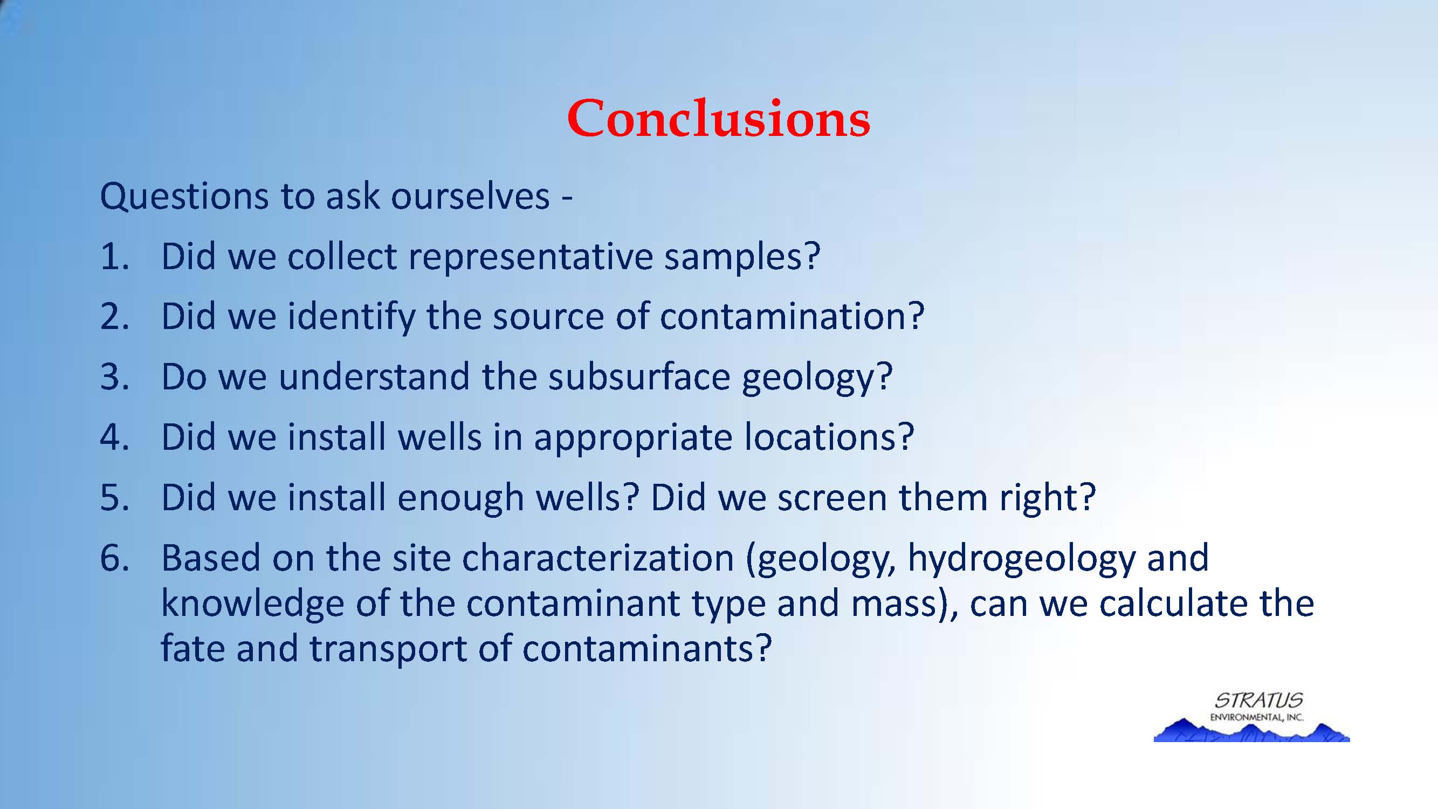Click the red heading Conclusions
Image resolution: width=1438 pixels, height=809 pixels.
tap(718, 118)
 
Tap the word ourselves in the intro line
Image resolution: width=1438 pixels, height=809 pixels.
tap(470, 196)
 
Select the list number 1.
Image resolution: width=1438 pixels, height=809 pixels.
tap(114, 257)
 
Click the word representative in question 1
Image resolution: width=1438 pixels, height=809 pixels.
tap(531, 257)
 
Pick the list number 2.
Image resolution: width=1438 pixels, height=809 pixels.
tap(114, 317)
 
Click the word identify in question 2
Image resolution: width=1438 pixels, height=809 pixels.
tap(352, 317)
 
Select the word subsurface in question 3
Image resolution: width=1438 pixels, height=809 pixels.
tap(639, 376)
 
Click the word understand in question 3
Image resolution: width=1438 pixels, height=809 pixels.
tap(374, 376)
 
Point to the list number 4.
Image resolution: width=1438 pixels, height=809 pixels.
tap(114, 437)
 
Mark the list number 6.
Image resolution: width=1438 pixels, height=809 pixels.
tap(114, 558)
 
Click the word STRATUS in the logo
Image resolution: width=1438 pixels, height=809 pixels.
tap(1260, 700)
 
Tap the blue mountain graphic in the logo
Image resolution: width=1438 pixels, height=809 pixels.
tap(1251, 731)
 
